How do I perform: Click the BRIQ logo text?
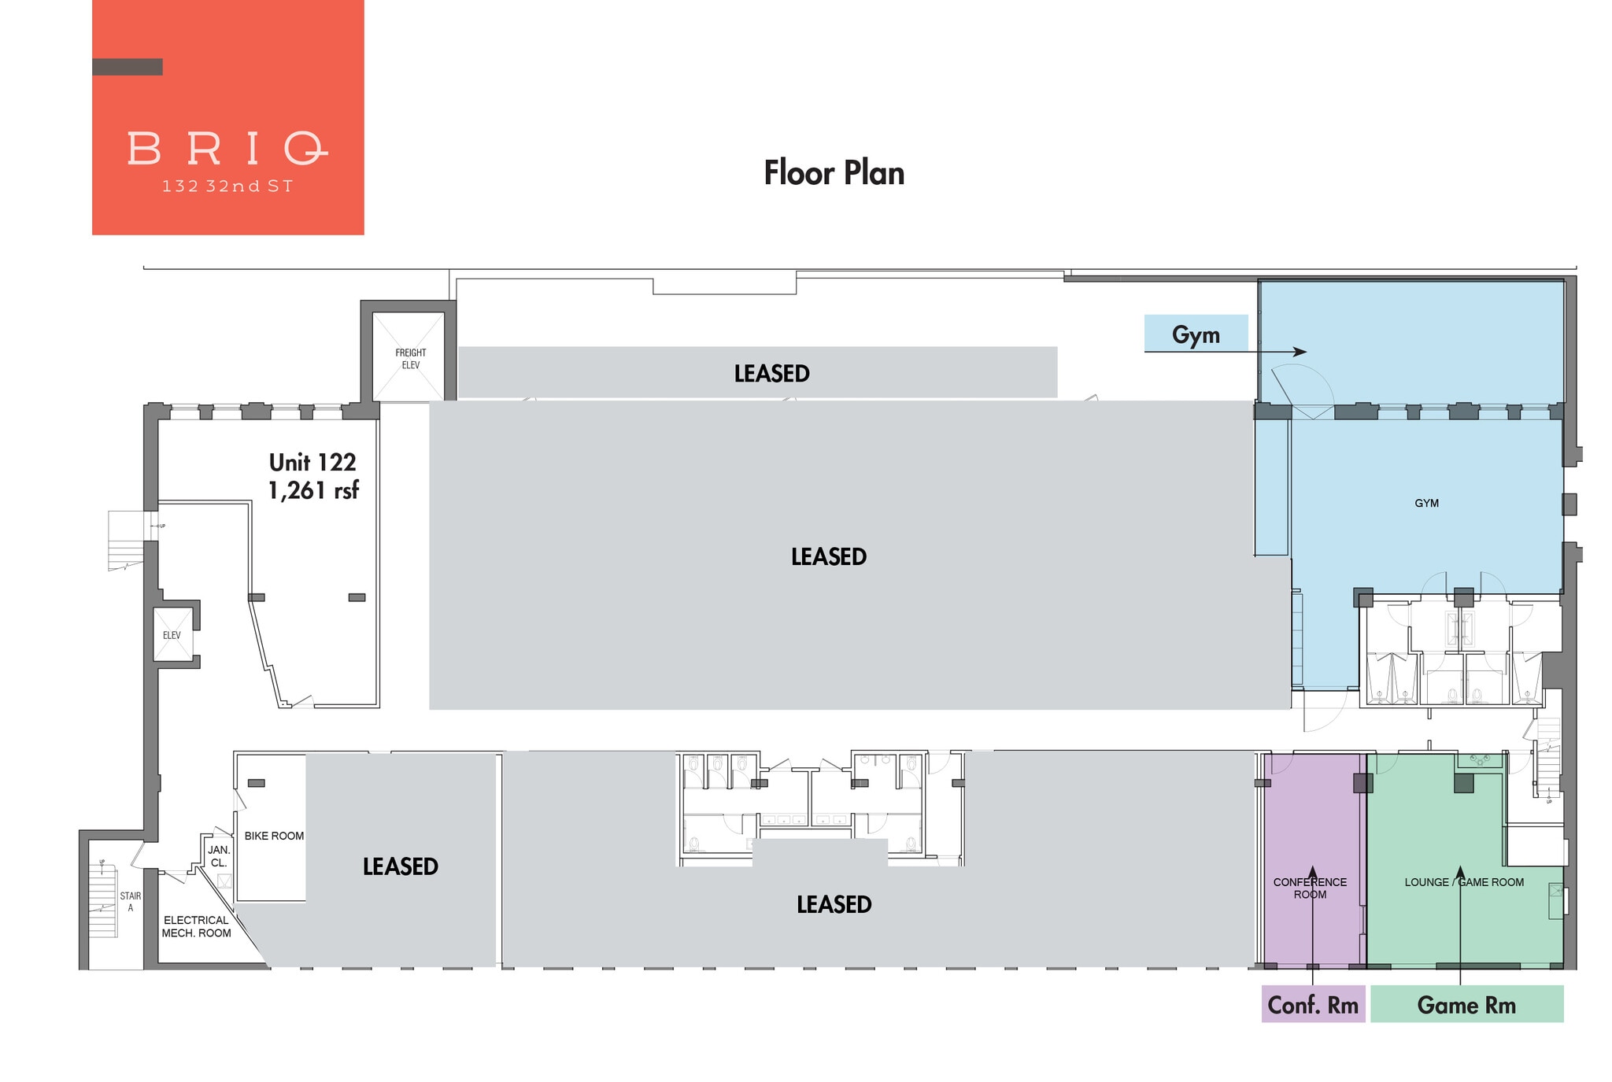click(227, 148)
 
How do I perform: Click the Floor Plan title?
click(834, 173)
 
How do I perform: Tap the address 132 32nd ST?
click(227, 186)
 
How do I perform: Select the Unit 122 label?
click(312, 462)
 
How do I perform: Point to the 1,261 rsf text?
click(313, 490)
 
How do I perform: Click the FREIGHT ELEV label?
click(410, 359)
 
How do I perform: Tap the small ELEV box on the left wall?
click(172, 635)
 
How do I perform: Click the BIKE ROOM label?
click(274, 836)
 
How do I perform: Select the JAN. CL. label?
click(219, 856)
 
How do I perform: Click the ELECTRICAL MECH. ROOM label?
click(196, 926)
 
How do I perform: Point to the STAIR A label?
click(131, 902)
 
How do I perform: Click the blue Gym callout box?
click(1195, 334)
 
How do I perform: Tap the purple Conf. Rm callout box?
click(1312, 1005)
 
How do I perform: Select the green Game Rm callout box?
click(1466, 1005)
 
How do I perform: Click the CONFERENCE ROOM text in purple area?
click(1310, 888)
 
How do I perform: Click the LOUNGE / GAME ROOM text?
click(1463, 882)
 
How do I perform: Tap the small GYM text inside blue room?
click(1426, 503)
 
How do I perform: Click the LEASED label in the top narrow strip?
click(771, 373)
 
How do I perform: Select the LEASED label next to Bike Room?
click(400, 866)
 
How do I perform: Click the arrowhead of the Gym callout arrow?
click(1301, 352)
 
